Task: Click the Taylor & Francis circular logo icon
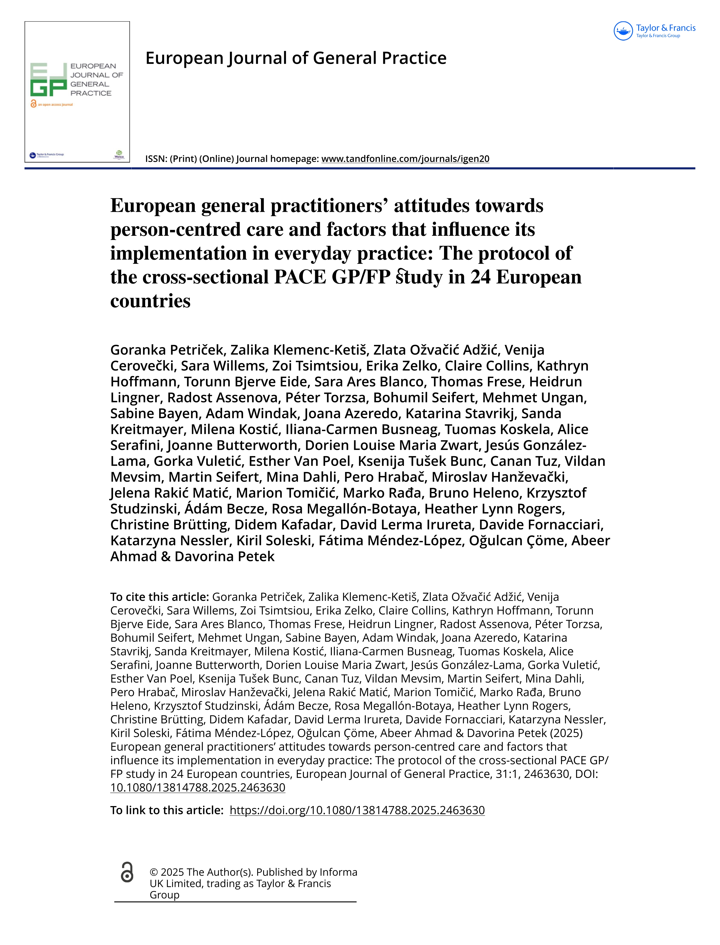point(623,31)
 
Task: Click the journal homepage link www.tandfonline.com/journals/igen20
point(405,159)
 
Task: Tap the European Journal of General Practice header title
point(296,58)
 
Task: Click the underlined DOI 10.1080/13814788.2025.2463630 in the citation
point(198,787)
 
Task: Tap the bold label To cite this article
point(159,597)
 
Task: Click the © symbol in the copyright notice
point(154,872)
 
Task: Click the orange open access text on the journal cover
point(55,105)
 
